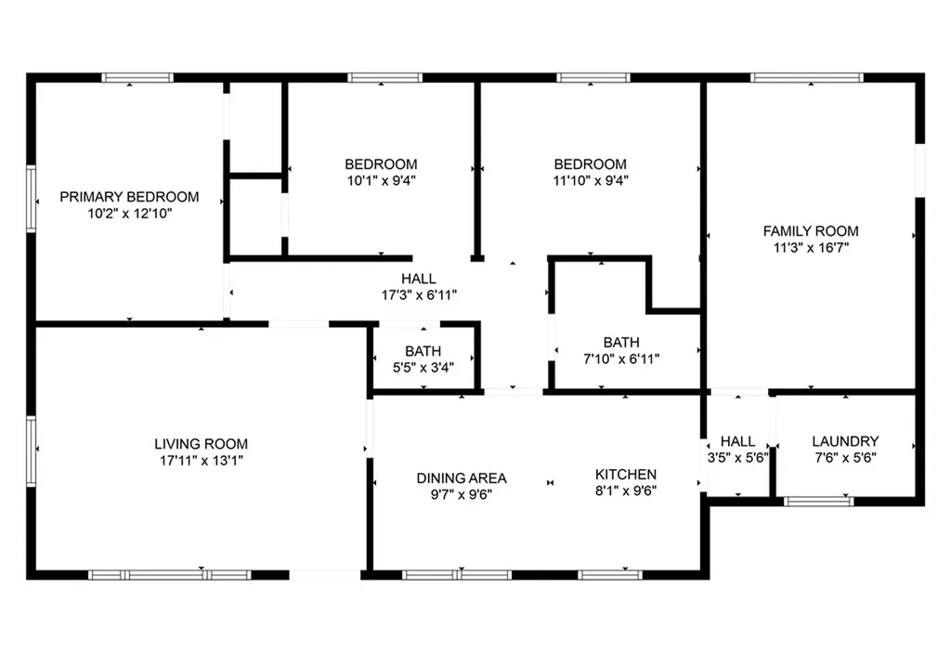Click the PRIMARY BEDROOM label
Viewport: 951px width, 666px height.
click(x=129, y=197)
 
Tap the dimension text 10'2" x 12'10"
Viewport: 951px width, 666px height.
click(x=129, y=213)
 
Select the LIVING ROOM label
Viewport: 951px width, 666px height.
click(x=201, y=444)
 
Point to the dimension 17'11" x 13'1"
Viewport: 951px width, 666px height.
click(x=201, y=460)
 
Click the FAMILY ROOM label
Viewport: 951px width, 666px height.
click(x=811, y=231)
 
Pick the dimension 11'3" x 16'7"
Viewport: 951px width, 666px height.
click(x=811, y=247)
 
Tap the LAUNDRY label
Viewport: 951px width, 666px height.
click(x=845, y=441)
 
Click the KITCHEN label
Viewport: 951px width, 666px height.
click(x=625, y=475)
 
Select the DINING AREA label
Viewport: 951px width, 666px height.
click(x=462, y=478)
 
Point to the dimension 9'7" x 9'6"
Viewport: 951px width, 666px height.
click(x=462, y=494)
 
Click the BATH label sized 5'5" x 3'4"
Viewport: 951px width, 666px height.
click(x=423, y=351)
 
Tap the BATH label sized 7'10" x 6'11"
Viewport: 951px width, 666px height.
click(x=620, y=343)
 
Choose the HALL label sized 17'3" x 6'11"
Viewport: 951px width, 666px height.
click(x=418, y=279)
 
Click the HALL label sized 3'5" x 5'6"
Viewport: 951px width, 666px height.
click(x=738, y=441)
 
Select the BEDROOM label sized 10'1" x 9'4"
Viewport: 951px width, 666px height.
click(x=381, y=165)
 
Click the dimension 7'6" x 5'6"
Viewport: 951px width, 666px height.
click(x=845, y=457)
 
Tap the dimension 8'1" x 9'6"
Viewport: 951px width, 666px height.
click(x=625, y=491)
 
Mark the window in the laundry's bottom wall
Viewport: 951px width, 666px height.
click(x=818, y=502)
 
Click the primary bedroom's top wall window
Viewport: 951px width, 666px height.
click(x=137, y=78)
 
